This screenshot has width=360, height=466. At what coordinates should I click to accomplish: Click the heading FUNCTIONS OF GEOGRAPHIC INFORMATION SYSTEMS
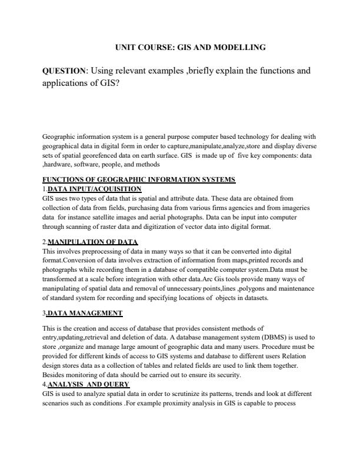pyautogui.click(x=139, y=179)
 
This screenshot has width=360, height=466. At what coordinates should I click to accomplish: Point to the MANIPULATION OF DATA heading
pyautogui.click(x=92, y=242)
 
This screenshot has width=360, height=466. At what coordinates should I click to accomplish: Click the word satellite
pyautogui.click(x=122, y=217)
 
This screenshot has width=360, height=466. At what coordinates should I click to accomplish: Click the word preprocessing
pyautogui.click(x=99, y=251)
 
